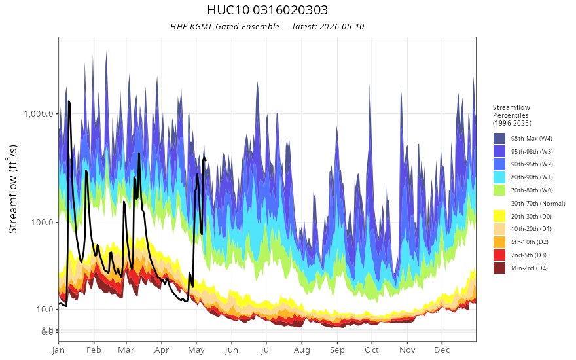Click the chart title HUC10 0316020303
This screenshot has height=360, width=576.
(x=268, y=10)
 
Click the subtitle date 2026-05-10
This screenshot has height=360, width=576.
(x=342, y=26)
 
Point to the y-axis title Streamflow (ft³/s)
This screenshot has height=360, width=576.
(x=13, y=189)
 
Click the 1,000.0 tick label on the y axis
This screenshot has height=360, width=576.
(x=39, y=113)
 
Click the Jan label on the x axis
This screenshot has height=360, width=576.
(x=58, y=350)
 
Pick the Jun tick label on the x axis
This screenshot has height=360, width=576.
(x=232, y=350)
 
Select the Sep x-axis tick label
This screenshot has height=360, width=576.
(x=337, y=350)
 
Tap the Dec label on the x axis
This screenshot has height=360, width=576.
(x=442, y=350)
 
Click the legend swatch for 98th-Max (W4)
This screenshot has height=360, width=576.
(x=499, y=139)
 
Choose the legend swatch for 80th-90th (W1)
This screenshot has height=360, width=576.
(x=499, y=177)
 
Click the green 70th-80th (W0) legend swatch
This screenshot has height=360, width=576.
(x=499, y=190)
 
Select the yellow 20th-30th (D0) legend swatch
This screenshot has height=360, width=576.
(x=499, y=216)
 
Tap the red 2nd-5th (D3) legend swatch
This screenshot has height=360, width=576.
(x=499, y=255)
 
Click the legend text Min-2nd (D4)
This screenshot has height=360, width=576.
(x=530, y=268)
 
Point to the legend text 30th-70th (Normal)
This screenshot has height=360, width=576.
(x=538, y=203)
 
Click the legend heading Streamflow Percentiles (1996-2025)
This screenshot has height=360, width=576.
(x=512, y=115)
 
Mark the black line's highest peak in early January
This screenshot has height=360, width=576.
(x=69, y=101)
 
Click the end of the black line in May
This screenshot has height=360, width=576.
(x=206, y=160)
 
